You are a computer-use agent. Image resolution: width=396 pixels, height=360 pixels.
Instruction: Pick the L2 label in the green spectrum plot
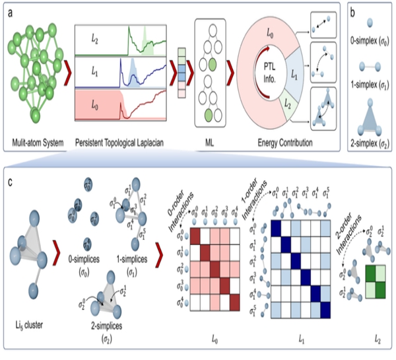coord(94,41)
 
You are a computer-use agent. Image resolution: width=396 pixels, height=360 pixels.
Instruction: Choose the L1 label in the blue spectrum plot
coord(94,69)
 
